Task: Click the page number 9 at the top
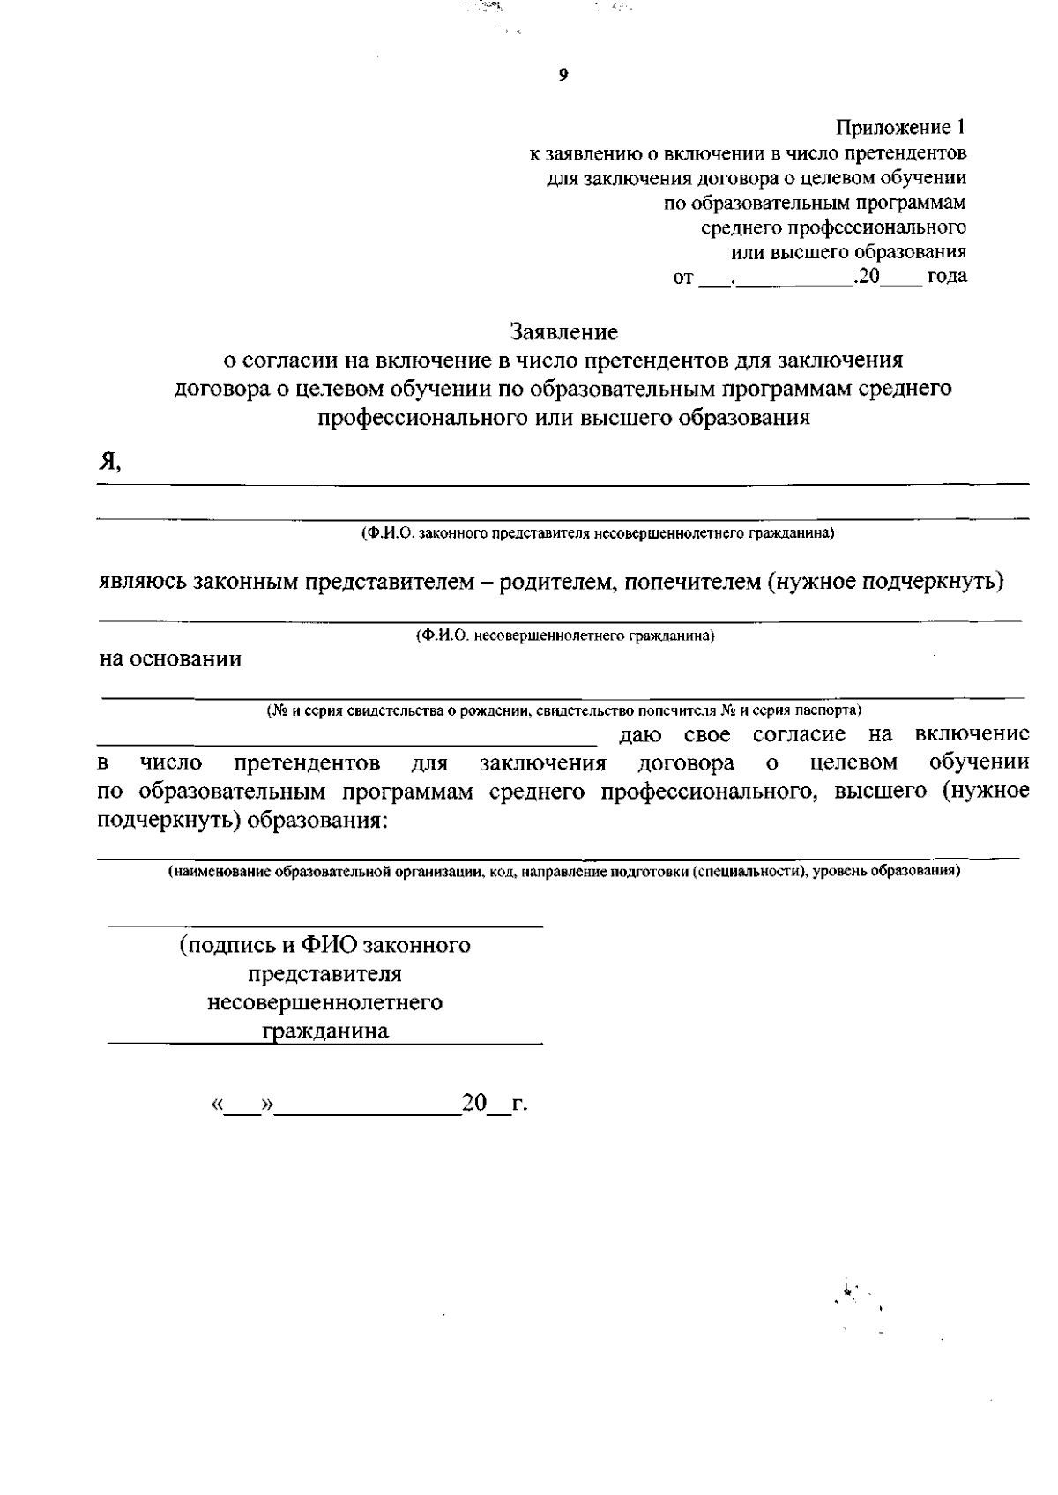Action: point(563,76)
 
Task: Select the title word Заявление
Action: point(564,332)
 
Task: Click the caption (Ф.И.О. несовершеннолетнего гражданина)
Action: point(564,636)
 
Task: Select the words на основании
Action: point(169,658)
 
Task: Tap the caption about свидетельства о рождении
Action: point(564,710)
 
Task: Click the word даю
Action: point(641,734)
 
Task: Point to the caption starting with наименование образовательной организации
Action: point(564,872)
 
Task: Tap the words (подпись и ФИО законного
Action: point(324,946)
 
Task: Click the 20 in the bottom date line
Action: point(474,1103)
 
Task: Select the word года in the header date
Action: point(947,277)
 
